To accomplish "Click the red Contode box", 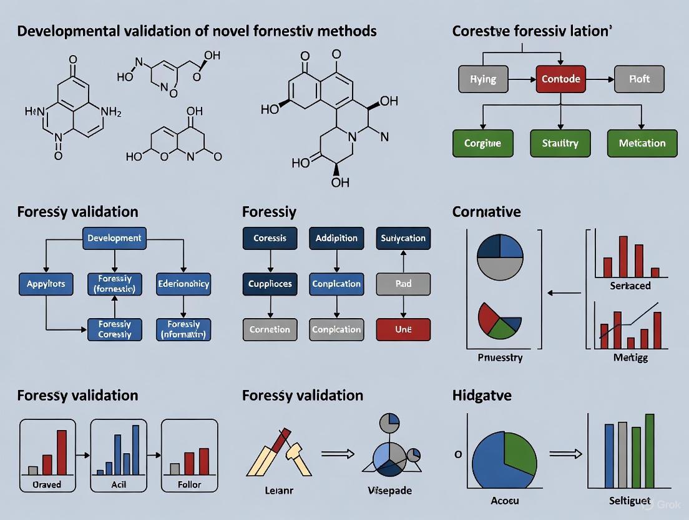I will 560,79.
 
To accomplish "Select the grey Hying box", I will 483,79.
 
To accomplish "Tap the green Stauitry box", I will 560,143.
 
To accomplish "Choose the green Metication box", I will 642,143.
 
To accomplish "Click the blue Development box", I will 114,238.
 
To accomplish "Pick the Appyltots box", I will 46,284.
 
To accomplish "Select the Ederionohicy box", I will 183,284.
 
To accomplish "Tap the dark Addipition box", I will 336,238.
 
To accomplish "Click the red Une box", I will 403,329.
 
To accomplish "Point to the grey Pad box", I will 403,284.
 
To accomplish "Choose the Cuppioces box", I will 270,284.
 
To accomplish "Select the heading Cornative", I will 486,212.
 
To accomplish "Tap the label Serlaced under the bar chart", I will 630,286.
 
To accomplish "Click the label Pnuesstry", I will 500,358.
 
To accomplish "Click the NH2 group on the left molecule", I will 110,112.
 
